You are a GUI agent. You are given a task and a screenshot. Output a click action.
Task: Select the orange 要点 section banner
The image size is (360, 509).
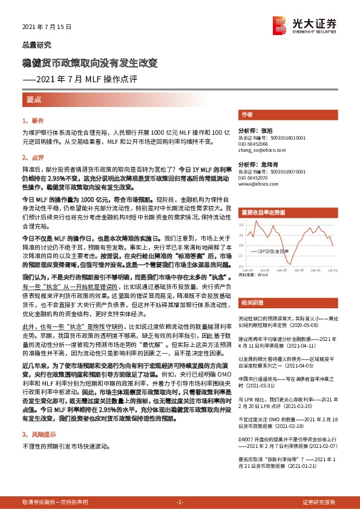34,99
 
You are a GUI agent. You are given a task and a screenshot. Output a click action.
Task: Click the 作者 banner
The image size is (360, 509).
247,114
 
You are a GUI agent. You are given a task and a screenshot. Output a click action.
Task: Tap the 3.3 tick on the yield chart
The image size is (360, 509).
241,225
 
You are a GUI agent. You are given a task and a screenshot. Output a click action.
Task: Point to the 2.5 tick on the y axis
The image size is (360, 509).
241,266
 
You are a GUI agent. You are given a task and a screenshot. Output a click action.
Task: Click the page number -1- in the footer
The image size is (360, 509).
180,502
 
